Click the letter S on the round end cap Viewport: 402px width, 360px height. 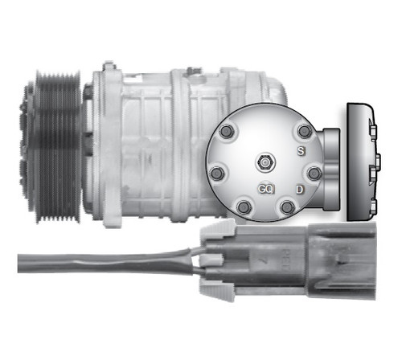[301, 151]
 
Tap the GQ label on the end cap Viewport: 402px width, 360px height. [266, 189]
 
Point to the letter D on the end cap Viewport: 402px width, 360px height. [299, 189]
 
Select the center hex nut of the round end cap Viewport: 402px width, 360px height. [263, 163]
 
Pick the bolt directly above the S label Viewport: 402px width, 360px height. [303, 131]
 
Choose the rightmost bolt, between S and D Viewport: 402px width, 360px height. [314, 172]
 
